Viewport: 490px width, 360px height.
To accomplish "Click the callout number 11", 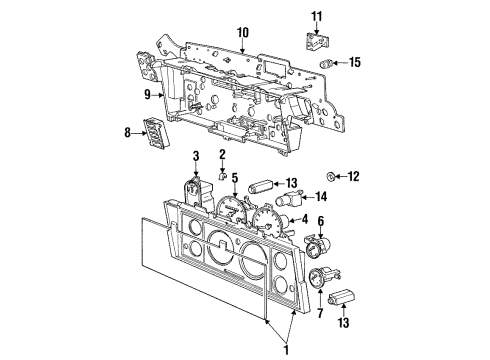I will click(x=317, y=16).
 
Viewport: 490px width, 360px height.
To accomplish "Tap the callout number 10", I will click(x=242, y=32).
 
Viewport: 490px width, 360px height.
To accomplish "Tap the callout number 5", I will click(x=236, y=180).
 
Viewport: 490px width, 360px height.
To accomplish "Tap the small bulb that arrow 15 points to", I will click(x=326, y=63).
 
